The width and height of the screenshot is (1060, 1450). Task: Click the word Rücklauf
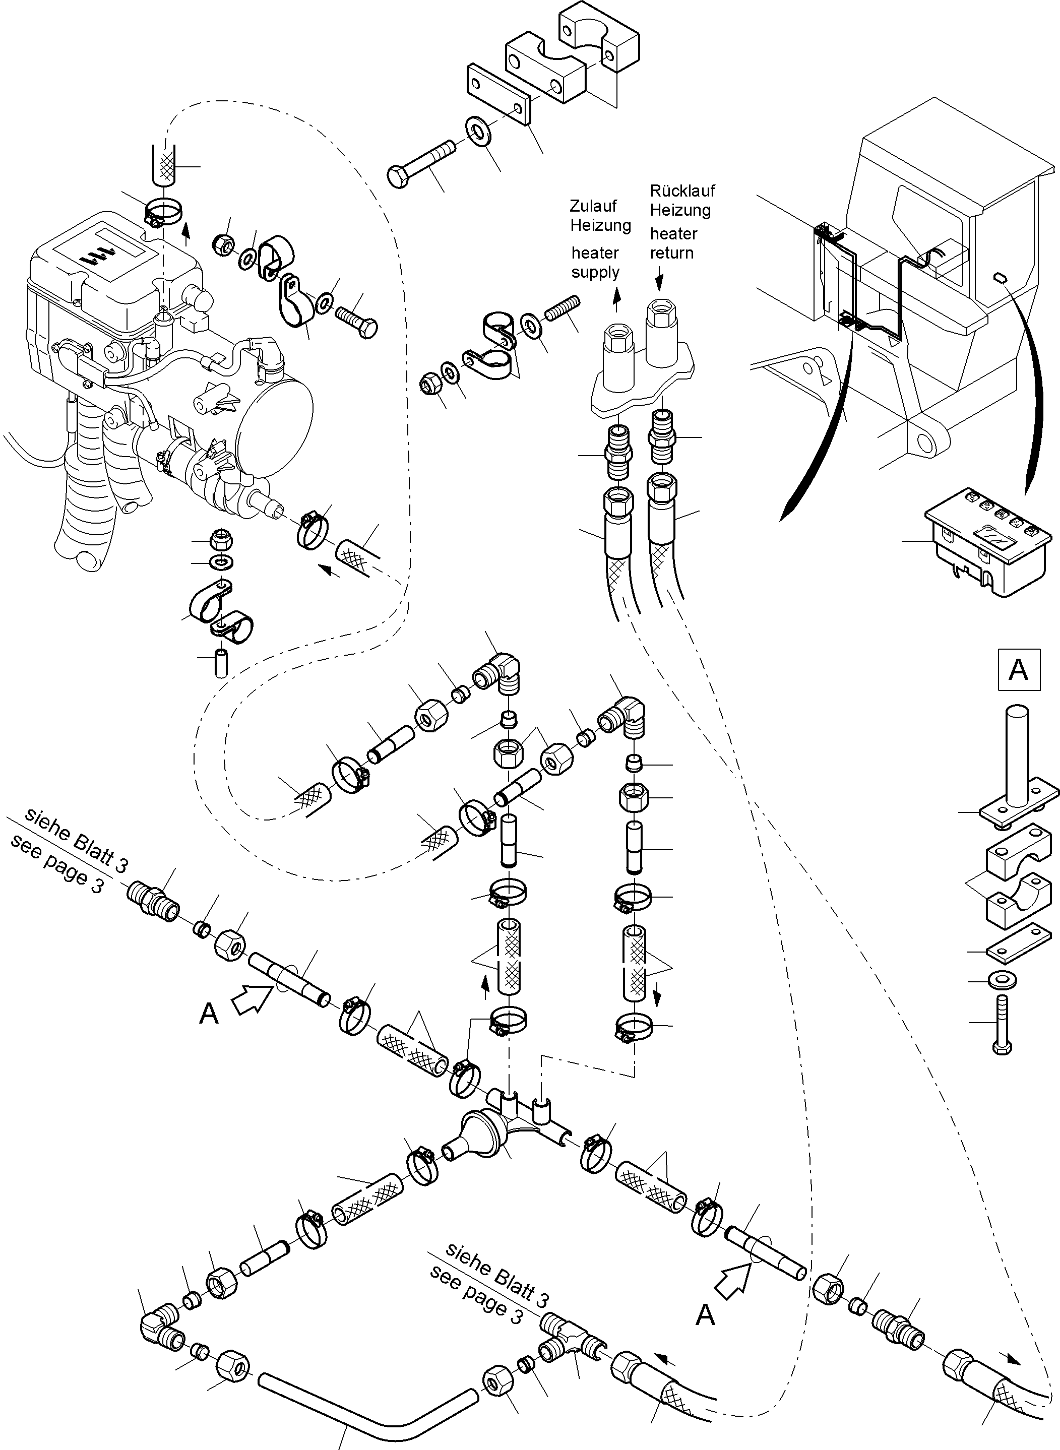(682, 191)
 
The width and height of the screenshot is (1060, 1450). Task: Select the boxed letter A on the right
(1018, 670)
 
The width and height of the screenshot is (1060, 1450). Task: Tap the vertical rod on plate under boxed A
(1018, 754)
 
